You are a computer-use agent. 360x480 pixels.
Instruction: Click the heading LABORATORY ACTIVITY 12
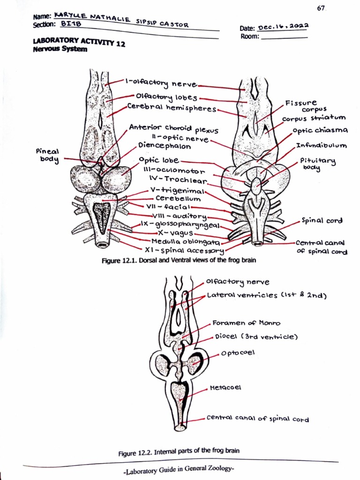[x=79, y=43]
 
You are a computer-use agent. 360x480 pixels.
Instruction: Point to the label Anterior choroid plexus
[x=173, y=128]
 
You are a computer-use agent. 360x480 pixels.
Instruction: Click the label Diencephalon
[x=165, y=146]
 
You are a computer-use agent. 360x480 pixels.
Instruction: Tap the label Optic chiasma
[x=320, y=130]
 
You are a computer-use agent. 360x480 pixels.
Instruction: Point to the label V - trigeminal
[x=177, y=190]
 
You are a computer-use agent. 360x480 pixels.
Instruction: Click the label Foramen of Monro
[x=246, y=323]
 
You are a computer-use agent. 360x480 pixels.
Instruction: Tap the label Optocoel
[x=241, y=352]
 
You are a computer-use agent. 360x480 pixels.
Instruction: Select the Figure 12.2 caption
[x=179, y=451]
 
